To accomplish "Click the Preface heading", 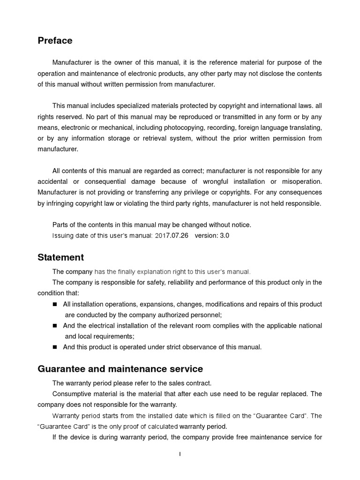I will (x=55, y=41).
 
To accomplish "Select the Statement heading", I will (x=60, y=257).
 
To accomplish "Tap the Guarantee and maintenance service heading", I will (x=120, y=369).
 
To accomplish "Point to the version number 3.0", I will (x=225, y=236).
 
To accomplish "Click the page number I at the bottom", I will (x=180, y=454).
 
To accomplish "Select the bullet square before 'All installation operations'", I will (x=54, y=304).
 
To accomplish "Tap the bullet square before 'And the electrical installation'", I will (x=54, y=326).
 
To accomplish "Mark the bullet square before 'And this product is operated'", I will (x=54, y=347).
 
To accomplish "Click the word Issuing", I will (x=63, y=236).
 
